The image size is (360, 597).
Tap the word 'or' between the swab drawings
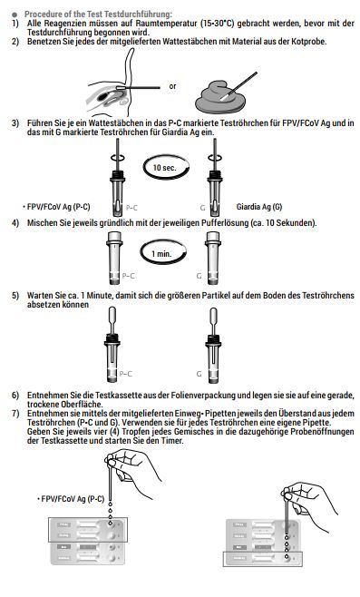tap(173, 86)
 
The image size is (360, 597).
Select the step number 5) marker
tap(15, 296)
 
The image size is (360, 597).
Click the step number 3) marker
tap(15, 123)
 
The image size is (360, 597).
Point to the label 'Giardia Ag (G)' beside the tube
tap(259, 207)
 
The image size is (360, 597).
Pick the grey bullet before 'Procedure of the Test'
tap(15, 15)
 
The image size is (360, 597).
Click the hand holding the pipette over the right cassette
tap(311, 503)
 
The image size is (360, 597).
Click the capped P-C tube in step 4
tap(114, 259)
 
